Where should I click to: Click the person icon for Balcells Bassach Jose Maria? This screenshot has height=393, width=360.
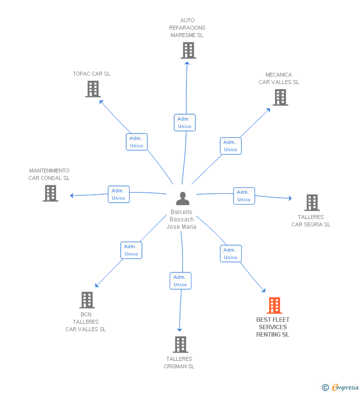click(x=182, y=199)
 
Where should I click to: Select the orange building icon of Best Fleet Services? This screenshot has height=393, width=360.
click(x=274, y=306)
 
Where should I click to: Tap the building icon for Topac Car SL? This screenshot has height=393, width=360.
click(x=93, y=89)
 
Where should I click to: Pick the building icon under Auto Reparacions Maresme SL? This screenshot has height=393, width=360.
click(x=188, y=50)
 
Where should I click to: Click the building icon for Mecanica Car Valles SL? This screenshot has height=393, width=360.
click(x=280, y=97)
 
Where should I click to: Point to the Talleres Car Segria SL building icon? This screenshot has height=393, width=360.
click(x=312, y=203)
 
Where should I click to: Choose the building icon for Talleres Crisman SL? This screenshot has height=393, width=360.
click(x=180, y=345)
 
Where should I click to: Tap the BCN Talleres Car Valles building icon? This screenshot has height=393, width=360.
click(x=87, y=300)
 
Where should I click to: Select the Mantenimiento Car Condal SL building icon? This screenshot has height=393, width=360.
click(x=50, y=193)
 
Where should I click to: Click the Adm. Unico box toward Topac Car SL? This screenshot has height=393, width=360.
click(x=136, y=142)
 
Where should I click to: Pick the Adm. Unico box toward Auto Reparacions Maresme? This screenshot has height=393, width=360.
click(x=185, y=123)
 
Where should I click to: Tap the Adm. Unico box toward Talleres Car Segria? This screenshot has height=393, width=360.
click(x=244, y=196)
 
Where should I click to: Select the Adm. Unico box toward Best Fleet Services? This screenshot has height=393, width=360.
click(x=231, y=254)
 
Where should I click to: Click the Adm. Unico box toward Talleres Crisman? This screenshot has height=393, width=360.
click(x=180, y=281)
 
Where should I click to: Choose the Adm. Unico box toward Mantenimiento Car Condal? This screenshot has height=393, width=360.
click(x=119, y=194)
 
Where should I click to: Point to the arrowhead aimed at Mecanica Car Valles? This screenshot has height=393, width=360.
click(x=268, y=110)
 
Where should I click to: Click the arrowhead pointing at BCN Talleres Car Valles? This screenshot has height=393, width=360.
click(x=97, y=285)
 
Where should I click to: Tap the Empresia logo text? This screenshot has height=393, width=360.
click(x=345, y=387)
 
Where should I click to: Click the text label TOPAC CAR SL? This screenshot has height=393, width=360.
click(x=91, y=74)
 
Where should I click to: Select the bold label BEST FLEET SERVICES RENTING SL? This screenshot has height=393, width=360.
click(x=273, y=327)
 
